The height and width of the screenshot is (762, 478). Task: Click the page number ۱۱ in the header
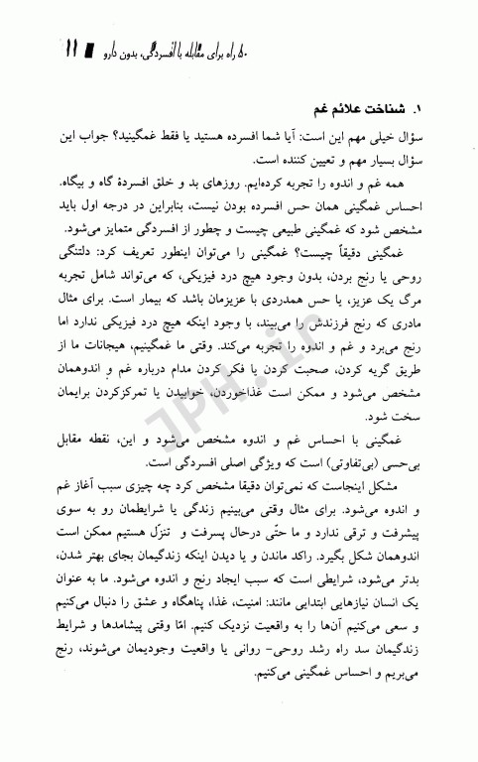click(x=73, y=47)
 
